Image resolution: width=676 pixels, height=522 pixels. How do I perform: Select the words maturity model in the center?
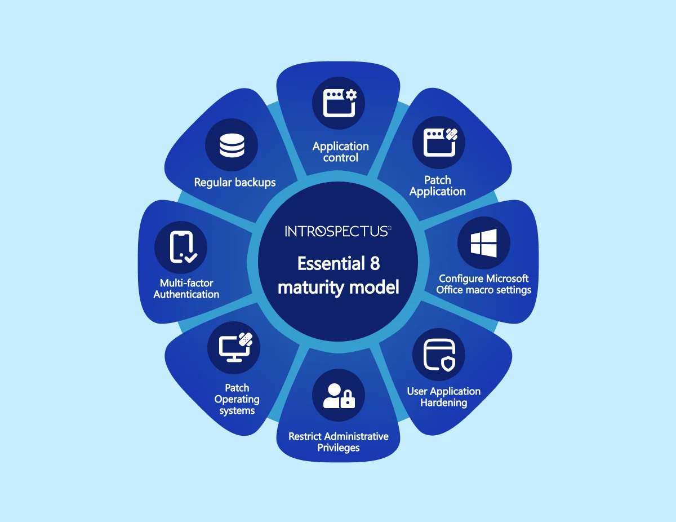point(338,287)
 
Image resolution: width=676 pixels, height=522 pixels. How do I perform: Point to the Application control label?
point(340,152)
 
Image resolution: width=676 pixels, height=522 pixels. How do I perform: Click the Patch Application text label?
point(438,186)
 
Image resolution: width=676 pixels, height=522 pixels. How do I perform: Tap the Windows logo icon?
point(484,243)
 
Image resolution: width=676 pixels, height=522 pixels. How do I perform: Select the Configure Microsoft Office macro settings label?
point(483,284)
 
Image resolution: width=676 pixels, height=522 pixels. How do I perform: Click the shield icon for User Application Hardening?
point(439,355)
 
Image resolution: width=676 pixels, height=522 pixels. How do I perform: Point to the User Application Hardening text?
point(444,397)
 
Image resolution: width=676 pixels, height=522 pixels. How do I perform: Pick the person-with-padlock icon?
point(339,395)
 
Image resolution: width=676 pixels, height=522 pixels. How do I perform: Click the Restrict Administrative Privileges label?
point(339,442)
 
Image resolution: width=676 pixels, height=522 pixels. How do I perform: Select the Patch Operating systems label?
point(237,399)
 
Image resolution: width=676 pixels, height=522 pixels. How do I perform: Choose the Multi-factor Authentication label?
point(186,289)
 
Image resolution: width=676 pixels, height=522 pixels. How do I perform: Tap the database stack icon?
point(232,145)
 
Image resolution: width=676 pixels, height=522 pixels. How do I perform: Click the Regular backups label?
point(235,182)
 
